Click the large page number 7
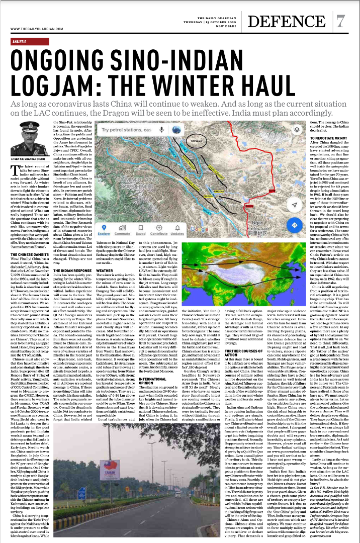pos(341,21)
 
